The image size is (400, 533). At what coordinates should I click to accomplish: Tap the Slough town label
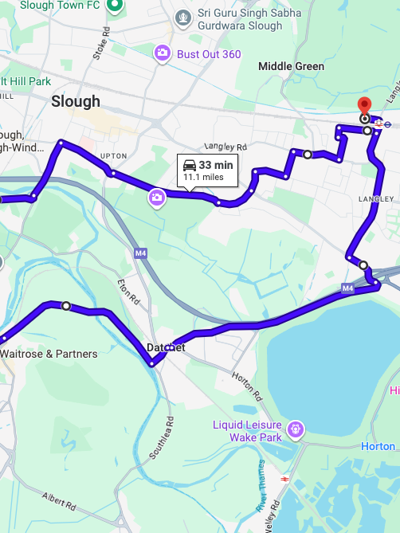pos(76,101)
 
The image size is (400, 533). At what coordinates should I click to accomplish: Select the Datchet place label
pos(166,347)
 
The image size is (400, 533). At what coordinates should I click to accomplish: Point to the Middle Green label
pos(291,67)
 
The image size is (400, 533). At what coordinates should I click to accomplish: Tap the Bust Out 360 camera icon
pos(162,53)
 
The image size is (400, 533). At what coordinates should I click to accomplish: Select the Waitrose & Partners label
pos(49,354)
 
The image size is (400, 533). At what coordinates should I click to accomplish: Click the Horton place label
pos(377,447)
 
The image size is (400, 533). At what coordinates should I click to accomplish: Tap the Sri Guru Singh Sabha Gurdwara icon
pos(184,16)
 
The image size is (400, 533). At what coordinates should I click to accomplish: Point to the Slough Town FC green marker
pos(114,6)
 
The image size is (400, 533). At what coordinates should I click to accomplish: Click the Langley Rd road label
pos(226,147)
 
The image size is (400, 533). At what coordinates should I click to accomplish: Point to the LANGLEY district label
pos(376,198)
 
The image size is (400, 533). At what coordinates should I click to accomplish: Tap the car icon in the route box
pos(190,165)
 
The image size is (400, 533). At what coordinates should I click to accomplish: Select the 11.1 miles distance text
pos(204,177)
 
